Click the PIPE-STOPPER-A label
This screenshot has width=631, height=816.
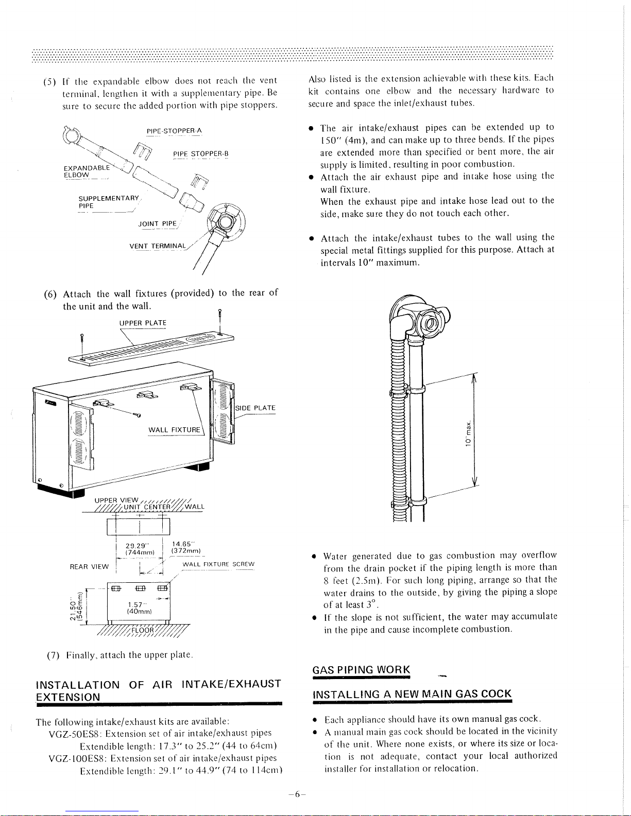174,131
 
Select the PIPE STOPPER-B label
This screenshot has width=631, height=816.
200,153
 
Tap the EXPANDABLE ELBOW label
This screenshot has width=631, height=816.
87,171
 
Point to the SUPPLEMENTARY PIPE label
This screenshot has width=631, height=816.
109,202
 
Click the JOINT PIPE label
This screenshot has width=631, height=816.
158,224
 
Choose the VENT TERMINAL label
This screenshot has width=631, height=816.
158,246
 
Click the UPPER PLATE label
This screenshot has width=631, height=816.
143,323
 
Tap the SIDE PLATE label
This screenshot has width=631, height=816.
255,408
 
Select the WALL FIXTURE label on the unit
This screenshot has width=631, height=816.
174,429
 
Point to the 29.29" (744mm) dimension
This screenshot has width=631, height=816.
140,549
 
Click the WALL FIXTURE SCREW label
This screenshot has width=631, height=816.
218,564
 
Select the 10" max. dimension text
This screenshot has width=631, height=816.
468,433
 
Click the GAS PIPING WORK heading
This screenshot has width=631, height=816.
361,670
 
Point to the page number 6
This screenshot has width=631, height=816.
297,794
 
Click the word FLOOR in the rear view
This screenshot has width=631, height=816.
143,630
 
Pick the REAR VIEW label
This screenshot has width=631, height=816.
89,567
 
